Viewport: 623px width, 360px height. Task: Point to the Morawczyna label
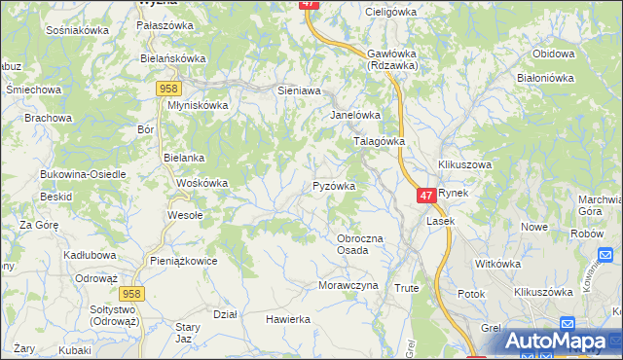(347, 286)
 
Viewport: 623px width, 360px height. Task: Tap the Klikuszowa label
(465, 165)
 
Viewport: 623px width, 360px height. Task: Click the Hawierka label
(288, 319)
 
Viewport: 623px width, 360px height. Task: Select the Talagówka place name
(378, 141)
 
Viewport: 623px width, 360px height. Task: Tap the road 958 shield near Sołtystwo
(132, 292)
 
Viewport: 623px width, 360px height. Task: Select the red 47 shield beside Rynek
(426, 196)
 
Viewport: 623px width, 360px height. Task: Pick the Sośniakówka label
(77, 30)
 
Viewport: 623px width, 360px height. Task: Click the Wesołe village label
(185, 215)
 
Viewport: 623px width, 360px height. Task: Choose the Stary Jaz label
(189, 333)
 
